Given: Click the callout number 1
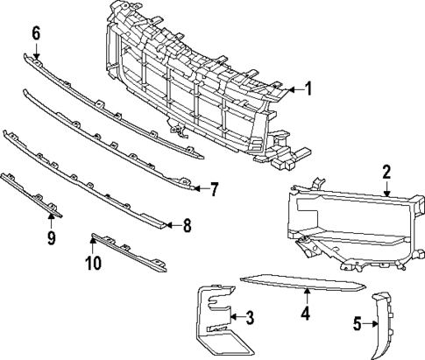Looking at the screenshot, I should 307,88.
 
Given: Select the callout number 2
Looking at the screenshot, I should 386,172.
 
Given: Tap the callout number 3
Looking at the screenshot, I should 250,316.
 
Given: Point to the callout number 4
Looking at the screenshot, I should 306,312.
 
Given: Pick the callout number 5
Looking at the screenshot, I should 358,324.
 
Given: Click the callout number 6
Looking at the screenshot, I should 36,33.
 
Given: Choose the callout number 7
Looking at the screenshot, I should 213,187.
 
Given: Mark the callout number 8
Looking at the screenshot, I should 187,225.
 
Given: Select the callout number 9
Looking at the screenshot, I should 52,237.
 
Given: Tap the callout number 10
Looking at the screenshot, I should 94,262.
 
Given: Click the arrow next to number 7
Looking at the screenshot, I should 200,187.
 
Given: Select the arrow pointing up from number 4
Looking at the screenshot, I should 306,295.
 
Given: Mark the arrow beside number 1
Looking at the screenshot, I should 294,88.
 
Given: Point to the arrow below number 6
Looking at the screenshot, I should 36,49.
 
